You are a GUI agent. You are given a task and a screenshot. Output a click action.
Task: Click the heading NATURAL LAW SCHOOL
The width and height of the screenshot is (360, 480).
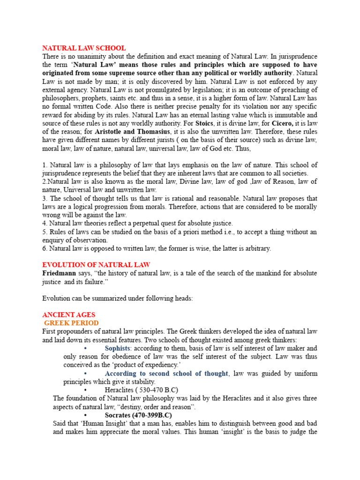coord(84,48)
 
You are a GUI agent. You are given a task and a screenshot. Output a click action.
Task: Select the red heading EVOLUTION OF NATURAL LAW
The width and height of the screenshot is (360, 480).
coord(96,265)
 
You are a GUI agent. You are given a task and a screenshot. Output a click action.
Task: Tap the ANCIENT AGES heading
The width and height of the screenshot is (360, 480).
coord(68,315)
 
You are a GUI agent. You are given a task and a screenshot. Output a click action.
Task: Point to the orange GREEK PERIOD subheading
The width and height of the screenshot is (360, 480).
coord(71,323)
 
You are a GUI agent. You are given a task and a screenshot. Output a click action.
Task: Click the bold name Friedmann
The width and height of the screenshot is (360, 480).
coord(60,273)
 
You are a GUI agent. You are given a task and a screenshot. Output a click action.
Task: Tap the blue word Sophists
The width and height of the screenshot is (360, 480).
coord(118,348)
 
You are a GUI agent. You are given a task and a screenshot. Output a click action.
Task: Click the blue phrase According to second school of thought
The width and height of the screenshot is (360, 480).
coord(166,374)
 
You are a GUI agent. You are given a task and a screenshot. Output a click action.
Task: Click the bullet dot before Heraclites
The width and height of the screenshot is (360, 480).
coord(85,390)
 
